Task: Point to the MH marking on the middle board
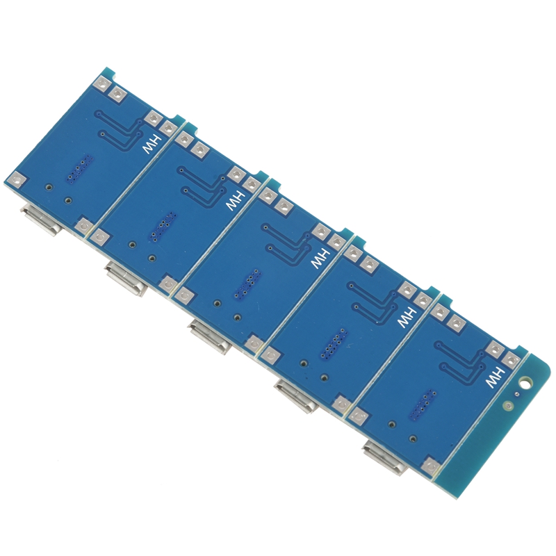pos(320,254)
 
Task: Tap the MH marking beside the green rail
pos(494,377)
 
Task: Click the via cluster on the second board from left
pos(163,227)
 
